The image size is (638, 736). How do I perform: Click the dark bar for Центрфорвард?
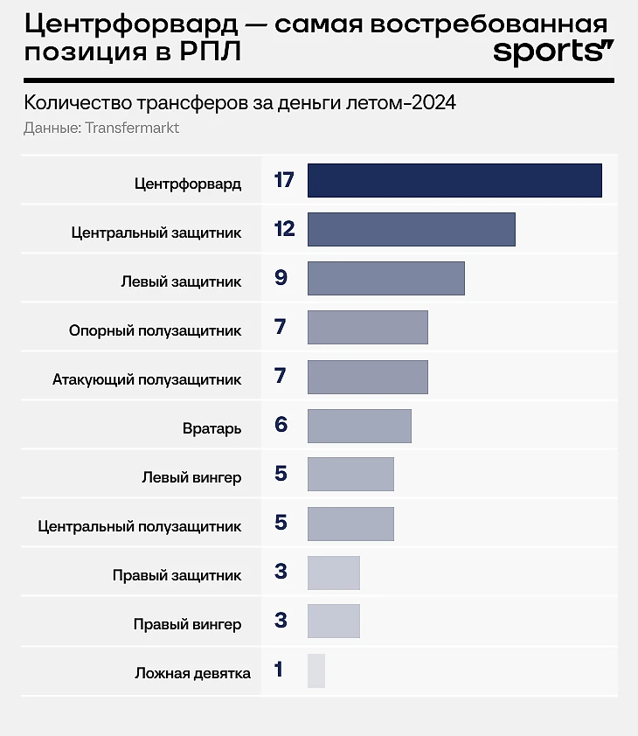point(454,181)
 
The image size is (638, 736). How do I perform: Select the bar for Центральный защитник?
point(411,230)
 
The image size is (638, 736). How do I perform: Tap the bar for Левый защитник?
point(385,279)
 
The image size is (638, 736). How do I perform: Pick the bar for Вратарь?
point(359,426)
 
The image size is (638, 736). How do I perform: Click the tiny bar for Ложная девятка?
point(316,671)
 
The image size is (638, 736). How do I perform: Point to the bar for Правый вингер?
point(334,621)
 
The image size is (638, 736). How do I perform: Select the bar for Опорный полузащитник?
point(367,328)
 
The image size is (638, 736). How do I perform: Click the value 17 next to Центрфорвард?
point(283,181)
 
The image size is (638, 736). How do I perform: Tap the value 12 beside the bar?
point(283,230)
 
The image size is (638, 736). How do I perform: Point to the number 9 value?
point(281,279)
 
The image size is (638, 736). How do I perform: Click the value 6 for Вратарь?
point(281,426)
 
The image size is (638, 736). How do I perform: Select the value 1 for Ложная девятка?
point(279,671)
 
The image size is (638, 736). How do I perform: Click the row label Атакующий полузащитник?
point(147,380)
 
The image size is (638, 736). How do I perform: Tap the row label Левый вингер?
point(191,478)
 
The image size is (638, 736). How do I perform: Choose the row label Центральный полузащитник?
point(140,527)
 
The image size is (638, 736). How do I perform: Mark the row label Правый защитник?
point(177,576)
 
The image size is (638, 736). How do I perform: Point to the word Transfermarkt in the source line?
point(132,128)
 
